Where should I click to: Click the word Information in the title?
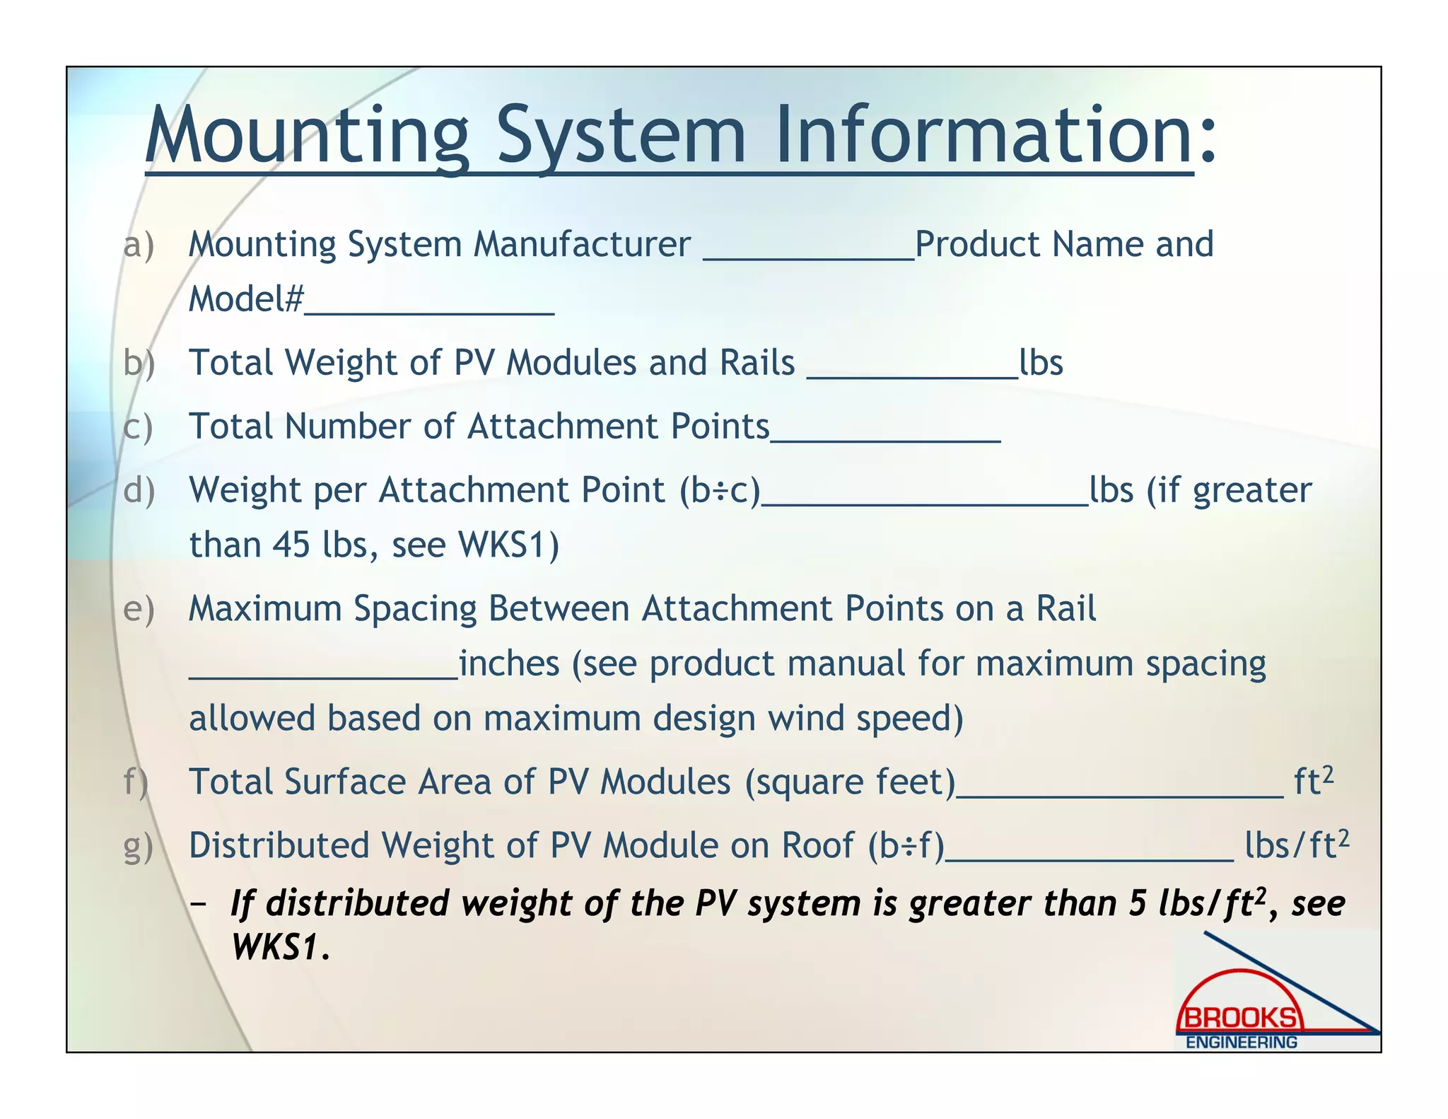tap(984, 134)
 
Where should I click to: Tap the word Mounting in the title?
tap(308, 134)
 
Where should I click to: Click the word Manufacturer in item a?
tap(581, 245)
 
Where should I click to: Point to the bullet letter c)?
tap(138, 427)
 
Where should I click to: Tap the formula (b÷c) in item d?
tap(719, 490)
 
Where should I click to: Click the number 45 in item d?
tap(291, 545)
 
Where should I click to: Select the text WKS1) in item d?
tap(508, 545)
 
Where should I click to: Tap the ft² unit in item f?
tap(1313, 781)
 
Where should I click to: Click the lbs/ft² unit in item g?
tap(1296, 845)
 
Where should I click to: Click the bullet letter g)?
tap(138, 847)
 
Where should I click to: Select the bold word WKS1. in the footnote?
tap(281, 948)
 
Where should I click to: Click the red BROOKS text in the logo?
tap(1240, 1018)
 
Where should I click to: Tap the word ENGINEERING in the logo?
tap(1241, 1042)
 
